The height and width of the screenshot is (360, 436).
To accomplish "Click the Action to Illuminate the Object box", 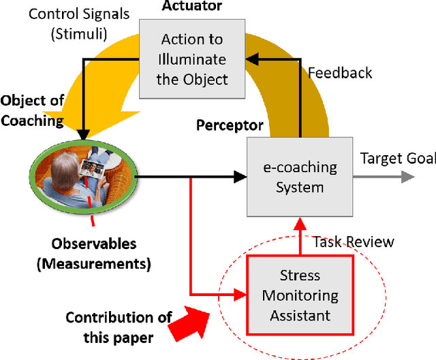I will [x=191, y=59].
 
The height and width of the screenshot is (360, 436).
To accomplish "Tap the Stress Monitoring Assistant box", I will [x=300, y=295].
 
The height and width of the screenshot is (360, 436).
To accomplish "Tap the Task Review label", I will [x=353, y=242].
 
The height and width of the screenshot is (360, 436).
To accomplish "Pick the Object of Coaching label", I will [x=32, y=111].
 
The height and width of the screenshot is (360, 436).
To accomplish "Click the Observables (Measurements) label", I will [x=95, y=252].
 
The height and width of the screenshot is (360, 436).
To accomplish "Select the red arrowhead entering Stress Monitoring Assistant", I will [x=240, y=295].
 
